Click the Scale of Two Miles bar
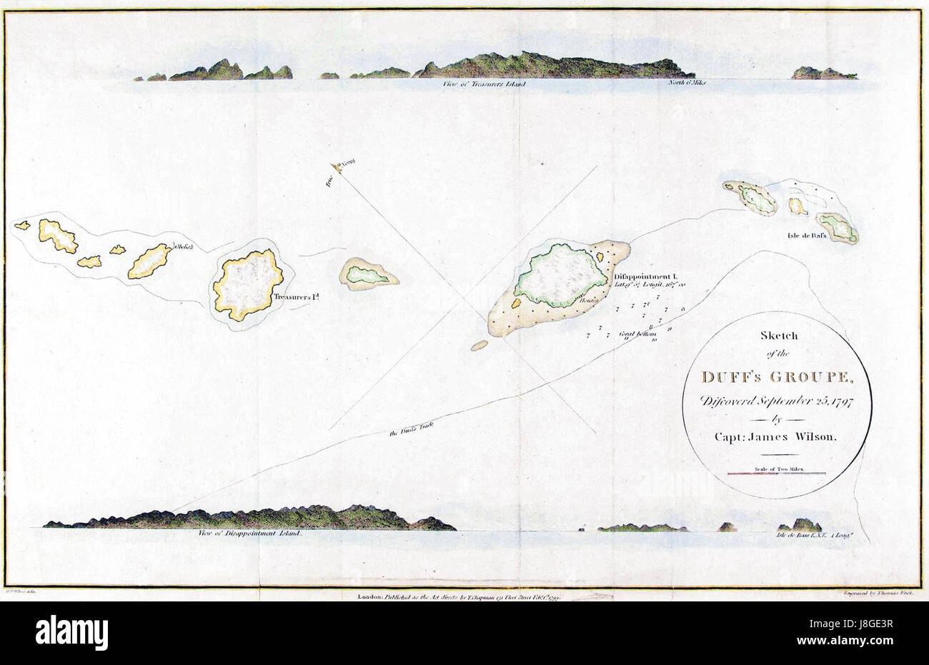[777, 472]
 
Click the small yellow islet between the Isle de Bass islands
[798, 206]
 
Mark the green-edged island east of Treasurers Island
[367, 274]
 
